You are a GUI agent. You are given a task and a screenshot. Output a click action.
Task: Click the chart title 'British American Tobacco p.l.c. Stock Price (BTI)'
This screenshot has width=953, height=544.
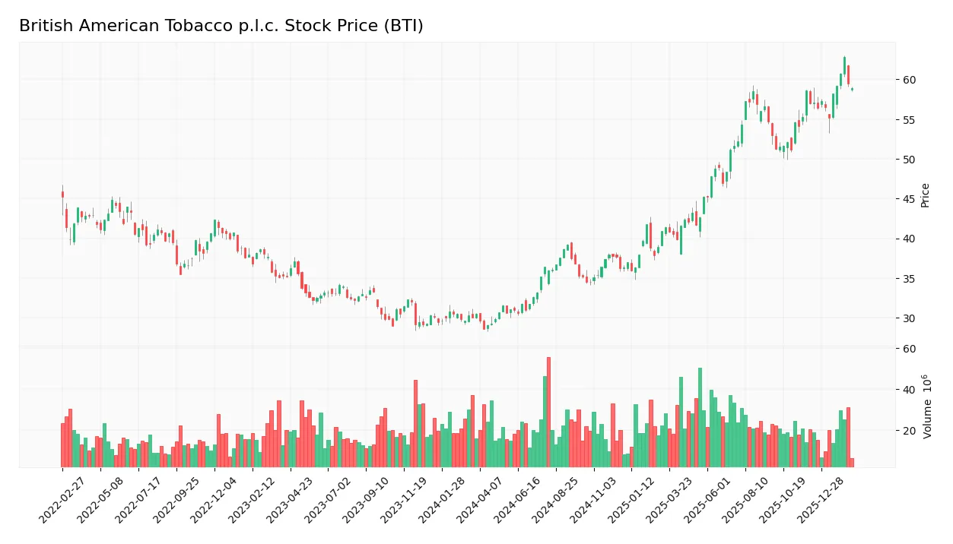(x=221, y=26)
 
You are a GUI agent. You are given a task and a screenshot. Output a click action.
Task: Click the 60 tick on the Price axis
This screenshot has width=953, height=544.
(x=909, y=80)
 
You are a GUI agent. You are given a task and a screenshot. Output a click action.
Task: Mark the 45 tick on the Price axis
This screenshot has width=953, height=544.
(x=909, y=199)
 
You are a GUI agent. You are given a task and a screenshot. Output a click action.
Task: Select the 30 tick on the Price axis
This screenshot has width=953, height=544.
(x=909, y=318)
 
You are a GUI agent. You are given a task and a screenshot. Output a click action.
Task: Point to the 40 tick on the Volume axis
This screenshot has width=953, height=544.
(x=909, y=390)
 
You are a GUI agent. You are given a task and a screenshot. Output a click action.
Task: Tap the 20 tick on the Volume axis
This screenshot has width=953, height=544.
(x=909, y=431)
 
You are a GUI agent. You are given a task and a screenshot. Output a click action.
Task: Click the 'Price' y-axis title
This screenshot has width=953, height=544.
(x=925, y=195)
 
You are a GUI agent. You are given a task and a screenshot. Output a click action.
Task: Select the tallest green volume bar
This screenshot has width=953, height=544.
(x=700, y=418)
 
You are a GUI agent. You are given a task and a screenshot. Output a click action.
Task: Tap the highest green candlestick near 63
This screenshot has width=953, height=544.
(x=844, y=65)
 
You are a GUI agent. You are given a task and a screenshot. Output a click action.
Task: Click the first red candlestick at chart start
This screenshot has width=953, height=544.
(x=62, y=195)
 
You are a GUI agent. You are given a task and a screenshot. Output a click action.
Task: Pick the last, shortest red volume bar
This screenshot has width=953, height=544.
(x=852, y=463)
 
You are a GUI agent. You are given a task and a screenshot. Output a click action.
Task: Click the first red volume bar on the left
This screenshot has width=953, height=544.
(x=62, y=445)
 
